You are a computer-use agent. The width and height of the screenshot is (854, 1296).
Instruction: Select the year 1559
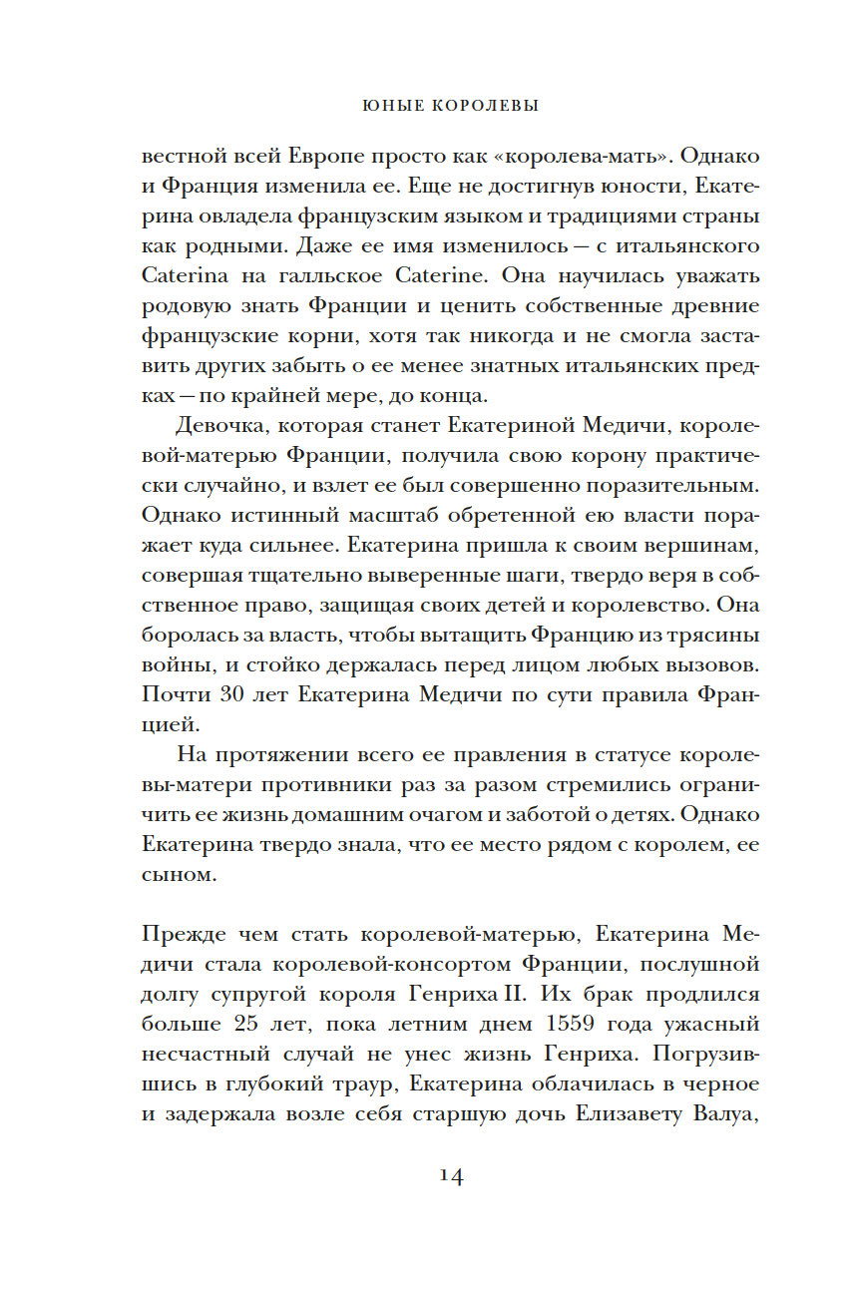(x=577, y=1024)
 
